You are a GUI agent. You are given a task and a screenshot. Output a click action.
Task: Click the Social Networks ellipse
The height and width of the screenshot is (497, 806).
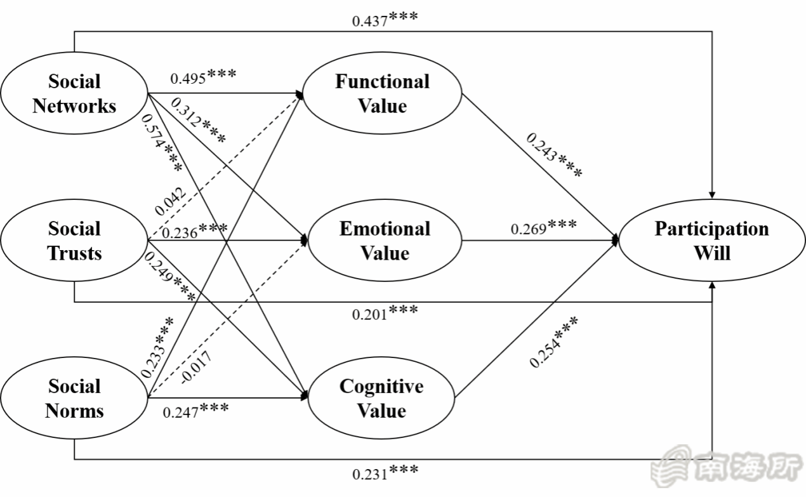[x=74, y=93]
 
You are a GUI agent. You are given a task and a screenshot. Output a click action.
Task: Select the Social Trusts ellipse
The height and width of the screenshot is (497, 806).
[x=74, y=241]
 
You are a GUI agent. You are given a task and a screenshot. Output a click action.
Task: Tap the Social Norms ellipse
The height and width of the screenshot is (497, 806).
[x=74, y=399]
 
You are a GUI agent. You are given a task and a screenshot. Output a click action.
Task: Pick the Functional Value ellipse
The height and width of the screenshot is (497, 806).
[x=382, y=93]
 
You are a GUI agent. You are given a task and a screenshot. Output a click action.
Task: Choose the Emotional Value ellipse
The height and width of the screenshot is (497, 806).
[x=385, y=241]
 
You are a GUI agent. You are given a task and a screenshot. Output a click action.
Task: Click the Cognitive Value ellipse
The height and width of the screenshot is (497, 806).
[x=381, y=399]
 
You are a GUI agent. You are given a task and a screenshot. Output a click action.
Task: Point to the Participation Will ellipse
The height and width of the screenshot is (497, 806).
[x=711, y=241]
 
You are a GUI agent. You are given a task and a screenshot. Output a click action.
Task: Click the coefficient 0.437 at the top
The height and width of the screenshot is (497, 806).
[x=385, y=18]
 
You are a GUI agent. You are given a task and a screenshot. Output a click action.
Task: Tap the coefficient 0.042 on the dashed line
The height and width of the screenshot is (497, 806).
[x=169, y=201]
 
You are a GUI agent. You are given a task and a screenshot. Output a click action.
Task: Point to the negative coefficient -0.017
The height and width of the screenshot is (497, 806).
[x=196, y=366]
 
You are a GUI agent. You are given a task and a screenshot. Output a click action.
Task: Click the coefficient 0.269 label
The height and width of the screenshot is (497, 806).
[x=543, y=227]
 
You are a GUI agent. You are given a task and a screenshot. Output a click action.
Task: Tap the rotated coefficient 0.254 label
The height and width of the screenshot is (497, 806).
[x=554, y=341]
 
